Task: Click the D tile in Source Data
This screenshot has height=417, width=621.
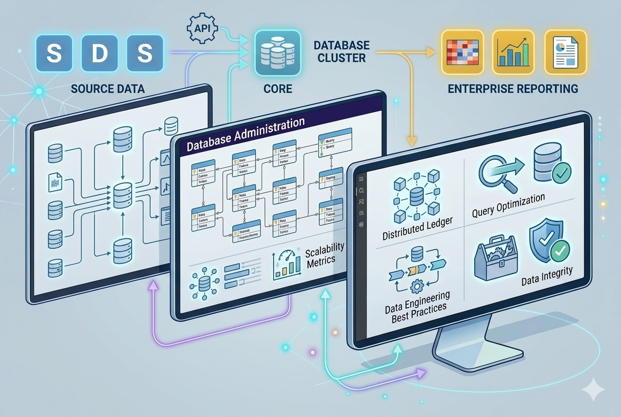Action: [x=99, y=54]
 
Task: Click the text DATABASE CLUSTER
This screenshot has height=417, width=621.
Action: [x=341, y=52]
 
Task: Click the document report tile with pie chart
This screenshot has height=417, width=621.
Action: [x=566, y=53]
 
